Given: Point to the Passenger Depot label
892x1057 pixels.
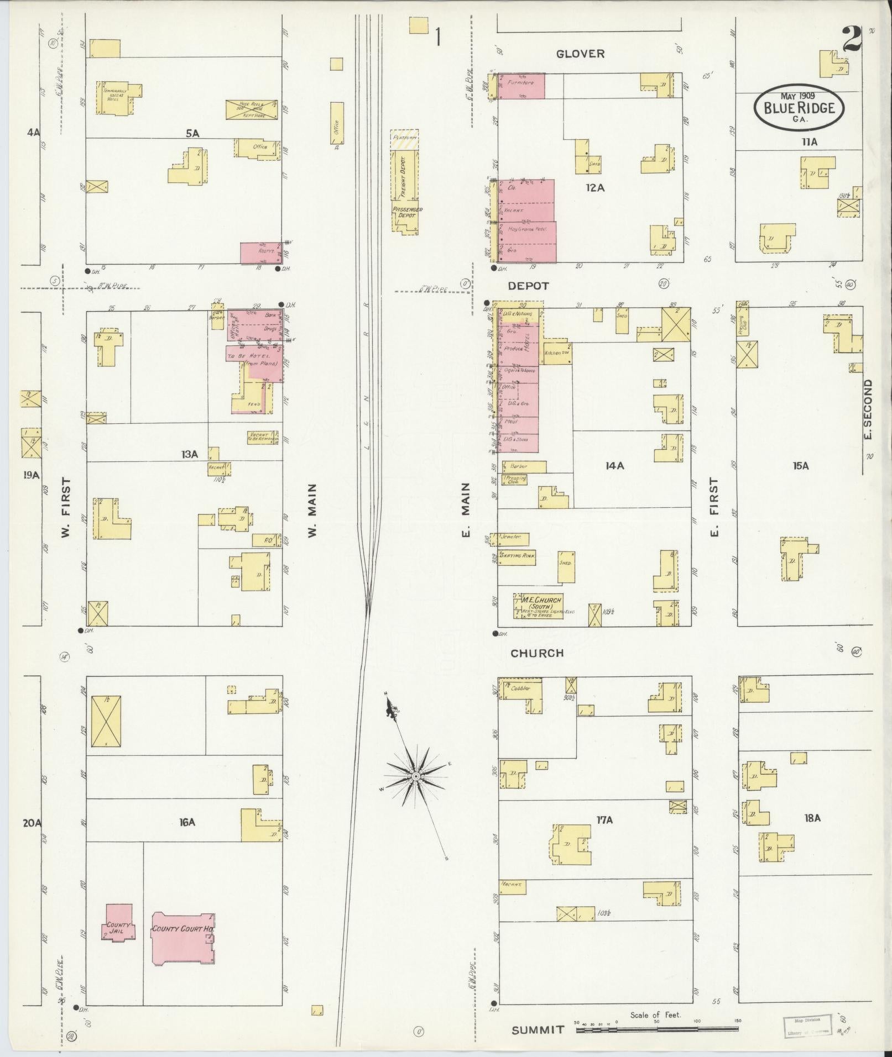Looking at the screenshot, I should pyautogui.click(x=407, y=213).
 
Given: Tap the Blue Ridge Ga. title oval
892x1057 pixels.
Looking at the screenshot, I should pyautogui.click(x=799, y=108).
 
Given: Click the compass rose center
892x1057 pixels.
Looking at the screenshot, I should pyautogui.click(x=415, y=777).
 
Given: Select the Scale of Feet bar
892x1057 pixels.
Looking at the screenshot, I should pyautogui.click(x=656, y=1029).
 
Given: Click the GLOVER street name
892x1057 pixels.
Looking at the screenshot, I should pyautogui.click(x=580, y=54).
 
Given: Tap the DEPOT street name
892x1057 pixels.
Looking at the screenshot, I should pyautogui.click(x=529, y=286).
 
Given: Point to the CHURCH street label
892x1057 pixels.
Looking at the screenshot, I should pyautogui.click(x=536, y=653).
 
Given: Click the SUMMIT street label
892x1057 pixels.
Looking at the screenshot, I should pyautogui.click(x=538, y=1030).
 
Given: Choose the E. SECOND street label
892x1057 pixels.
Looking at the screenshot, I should pyautogui.click(x=868, y=409).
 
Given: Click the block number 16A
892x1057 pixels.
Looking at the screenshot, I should pyautogui.click(x=187, y=822).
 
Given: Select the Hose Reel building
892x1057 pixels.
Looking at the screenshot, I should pyautogui.click(x=251, y=109).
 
